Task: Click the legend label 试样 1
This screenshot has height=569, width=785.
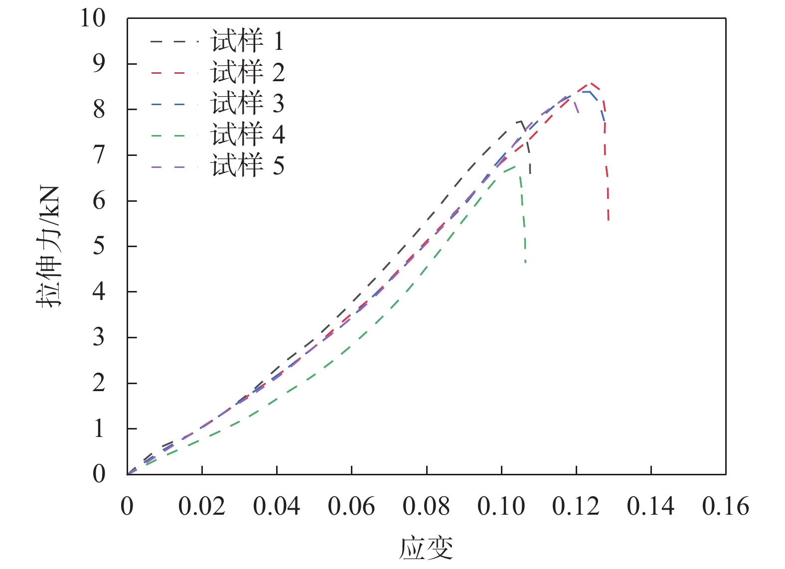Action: [x=248, y=41]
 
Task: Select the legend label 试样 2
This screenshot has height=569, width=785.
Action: [x=248, y=72]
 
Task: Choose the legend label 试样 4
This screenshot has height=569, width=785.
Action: [x=248, y=135]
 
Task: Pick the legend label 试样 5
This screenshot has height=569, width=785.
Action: [x=248, y=165]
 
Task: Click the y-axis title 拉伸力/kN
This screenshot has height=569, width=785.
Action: [x=48, y=246]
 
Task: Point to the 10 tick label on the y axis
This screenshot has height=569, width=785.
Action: [x=93, y=18]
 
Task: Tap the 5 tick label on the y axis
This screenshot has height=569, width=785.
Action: [x=99, y=246]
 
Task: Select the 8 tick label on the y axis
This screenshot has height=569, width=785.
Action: [x=99, y=110]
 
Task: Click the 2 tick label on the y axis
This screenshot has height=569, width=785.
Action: [x=99, y=383]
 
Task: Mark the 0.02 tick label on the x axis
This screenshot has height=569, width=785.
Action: [x=202, y=507]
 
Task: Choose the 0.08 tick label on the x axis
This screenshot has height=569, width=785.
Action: [x=426, y=507]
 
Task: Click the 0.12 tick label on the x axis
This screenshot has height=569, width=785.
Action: [x=576, y=507]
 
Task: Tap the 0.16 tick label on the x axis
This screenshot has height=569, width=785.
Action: [x=725, y=507]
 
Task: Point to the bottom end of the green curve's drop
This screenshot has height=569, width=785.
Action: [x=526, y=262]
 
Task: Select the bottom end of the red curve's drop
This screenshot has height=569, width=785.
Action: [x=609, y=220]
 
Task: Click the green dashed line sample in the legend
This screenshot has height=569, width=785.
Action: [x=168, y=136]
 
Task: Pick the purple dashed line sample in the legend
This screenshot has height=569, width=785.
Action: [x=168, y=166]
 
